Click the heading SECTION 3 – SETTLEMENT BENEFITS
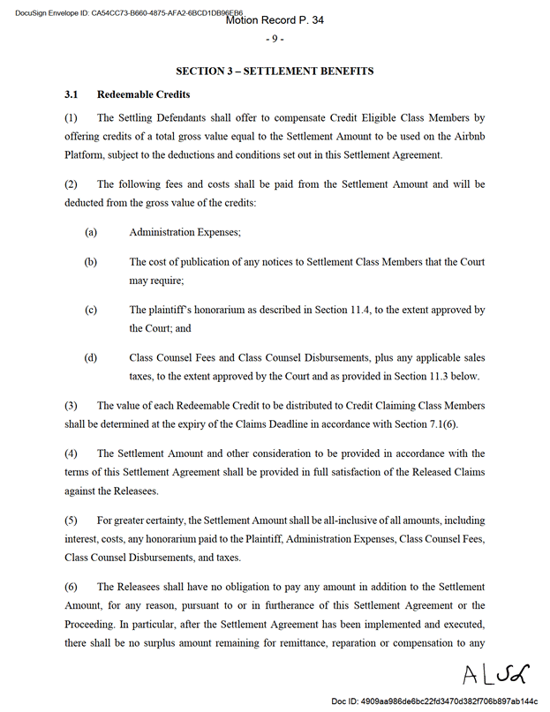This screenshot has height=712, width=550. point(275,71)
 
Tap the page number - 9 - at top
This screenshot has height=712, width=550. point(275,39)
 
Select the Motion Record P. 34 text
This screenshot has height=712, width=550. point(275,20)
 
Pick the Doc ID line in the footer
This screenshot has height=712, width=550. point(434,701)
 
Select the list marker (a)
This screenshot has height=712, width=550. point(91,232)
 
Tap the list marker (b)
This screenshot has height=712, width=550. point(91,262)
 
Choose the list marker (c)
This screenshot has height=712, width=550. point(91,311)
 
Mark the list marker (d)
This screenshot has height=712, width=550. point(91,358)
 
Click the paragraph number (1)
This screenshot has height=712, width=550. point(72,117)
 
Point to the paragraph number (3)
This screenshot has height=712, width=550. point(72,406)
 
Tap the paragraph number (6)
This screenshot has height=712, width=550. point(72,587)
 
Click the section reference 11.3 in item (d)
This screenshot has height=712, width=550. point(421,375)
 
